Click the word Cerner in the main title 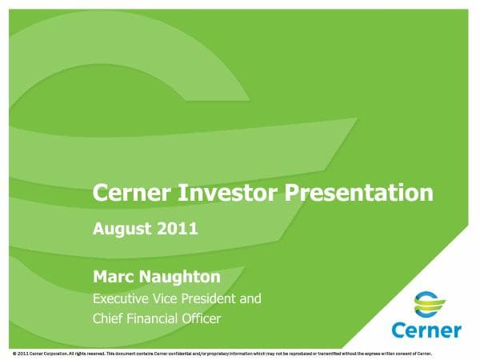pyautogui.click(x=127, y=193)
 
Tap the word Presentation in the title pyautogui.click(x=349, y=193)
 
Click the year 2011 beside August pyautogui.click(x=178, y=228)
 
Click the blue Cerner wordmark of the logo pyautogui.click(x=426, y=329)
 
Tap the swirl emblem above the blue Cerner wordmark pyautogui.click(x=426, y=304)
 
